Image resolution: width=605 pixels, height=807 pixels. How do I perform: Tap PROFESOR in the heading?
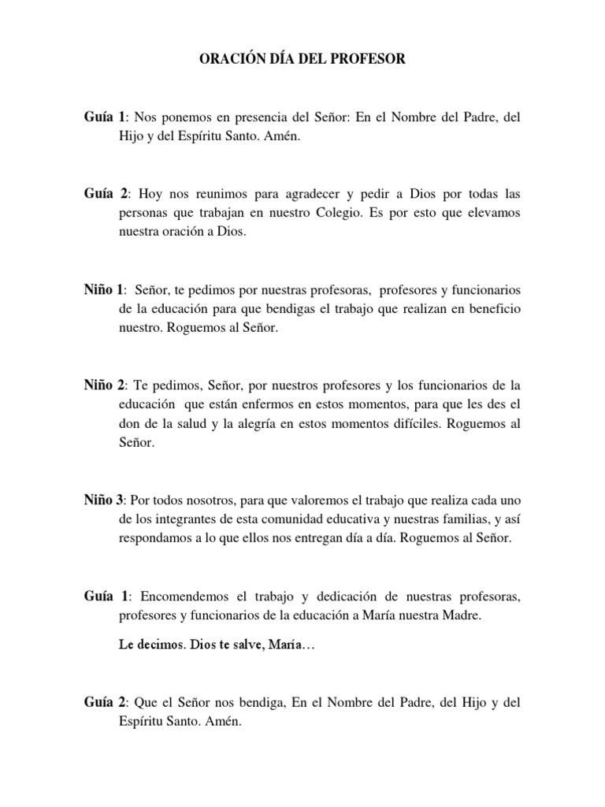[x=368, y=59]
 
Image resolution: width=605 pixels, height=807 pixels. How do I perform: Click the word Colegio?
[x=364, y=213]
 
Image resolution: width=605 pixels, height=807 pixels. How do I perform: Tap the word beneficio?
[x=491, y=309]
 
